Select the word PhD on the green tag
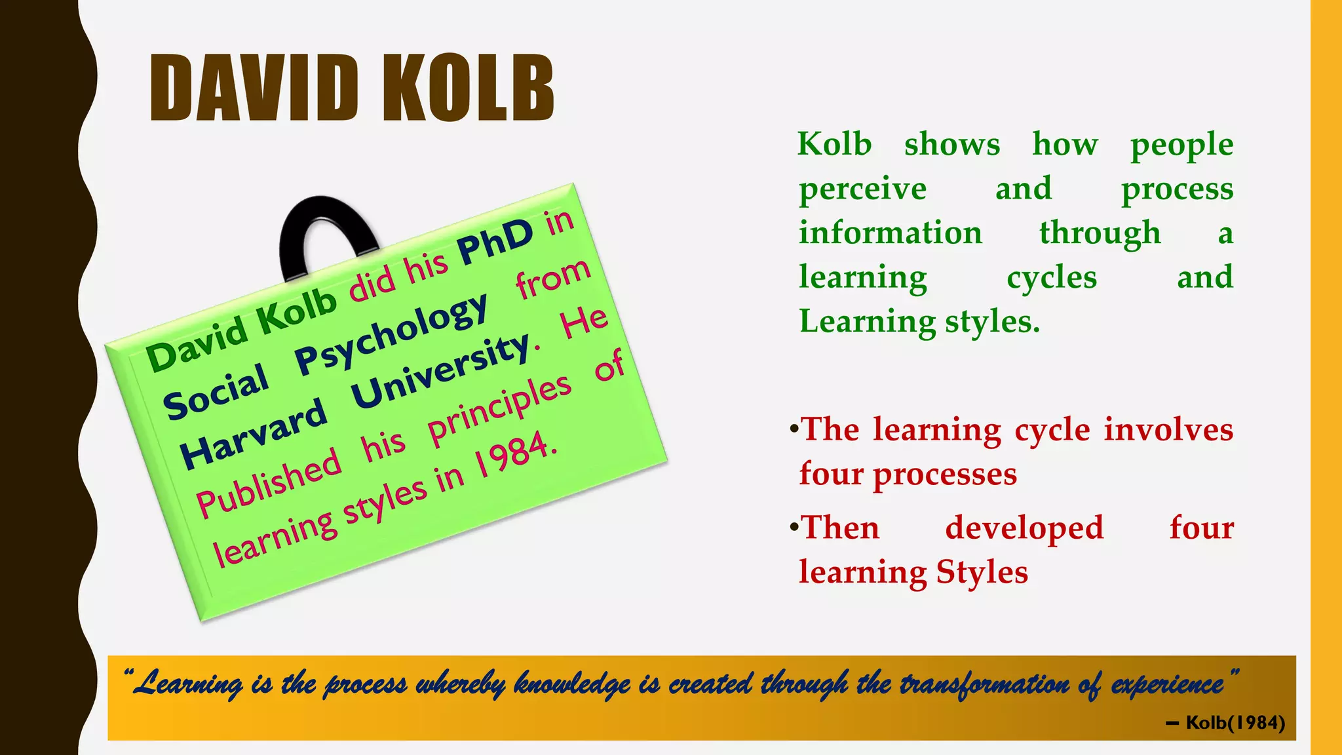[x=495, y=241]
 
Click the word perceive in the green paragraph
[x=862, y=189]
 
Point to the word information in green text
[x=890, y=233]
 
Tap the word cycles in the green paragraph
[x=1051, y=277]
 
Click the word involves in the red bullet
[x=1168, y=430]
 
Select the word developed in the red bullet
[x=1024, y=528]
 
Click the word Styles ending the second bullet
[x=982, y=571]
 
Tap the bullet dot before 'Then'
[x=794, y=526]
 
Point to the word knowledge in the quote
[x=571, y=684]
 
